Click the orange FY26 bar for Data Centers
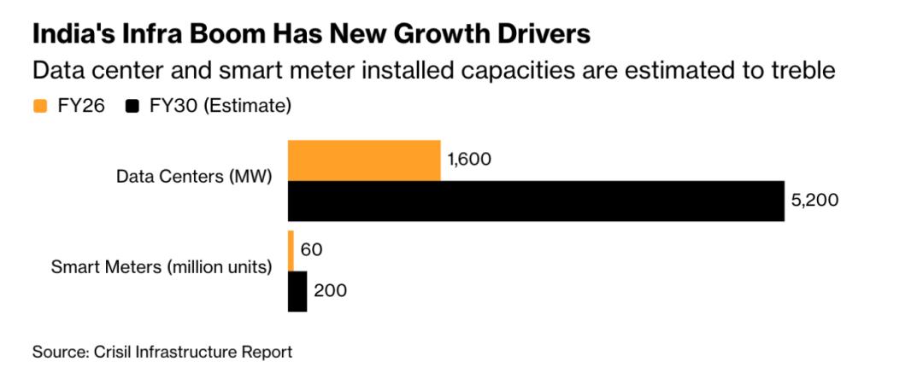click(x=364, y=160)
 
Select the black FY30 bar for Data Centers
click(x=536, y=201)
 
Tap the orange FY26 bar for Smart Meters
click(x=291, y=250)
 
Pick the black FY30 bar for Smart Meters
click(x=297, y=291)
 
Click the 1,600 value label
click(x=470, y=160)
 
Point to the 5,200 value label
click(x=816, y=201)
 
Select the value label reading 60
click(x=312, y=250)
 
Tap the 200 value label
click(x=331, y=291)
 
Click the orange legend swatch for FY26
click(x=39, y=107)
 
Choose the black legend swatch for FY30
click(x=132, y=107)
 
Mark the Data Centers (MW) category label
click(x=194, y=178)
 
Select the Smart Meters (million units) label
click(x=162, y=266)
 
